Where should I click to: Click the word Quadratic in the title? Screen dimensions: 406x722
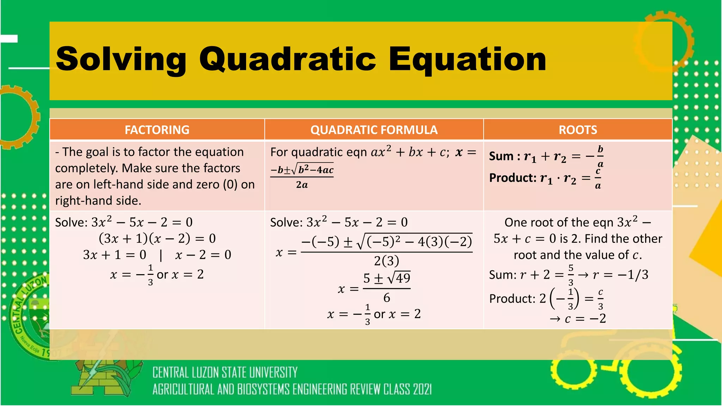click(288, 59)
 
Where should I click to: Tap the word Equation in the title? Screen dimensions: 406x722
click(467, 59)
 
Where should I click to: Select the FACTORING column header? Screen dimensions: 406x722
click(157, 130)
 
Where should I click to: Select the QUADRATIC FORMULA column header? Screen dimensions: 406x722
click(374, 130)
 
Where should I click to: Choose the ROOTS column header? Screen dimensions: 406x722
click(578, 130)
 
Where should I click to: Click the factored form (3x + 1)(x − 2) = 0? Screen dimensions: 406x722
click(157, 239)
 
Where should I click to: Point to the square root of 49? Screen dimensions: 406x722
click(399, 278)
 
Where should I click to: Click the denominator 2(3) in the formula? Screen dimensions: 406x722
click(386, 261)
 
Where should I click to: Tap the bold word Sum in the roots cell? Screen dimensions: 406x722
click(502, 156)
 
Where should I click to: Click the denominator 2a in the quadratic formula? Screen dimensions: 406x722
click(302, 185)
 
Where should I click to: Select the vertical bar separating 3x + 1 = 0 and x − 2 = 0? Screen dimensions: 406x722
click(161, 255)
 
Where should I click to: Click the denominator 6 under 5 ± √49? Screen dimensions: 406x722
click(386, 298)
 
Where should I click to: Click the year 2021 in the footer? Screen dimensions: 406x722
click(422, 390)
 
